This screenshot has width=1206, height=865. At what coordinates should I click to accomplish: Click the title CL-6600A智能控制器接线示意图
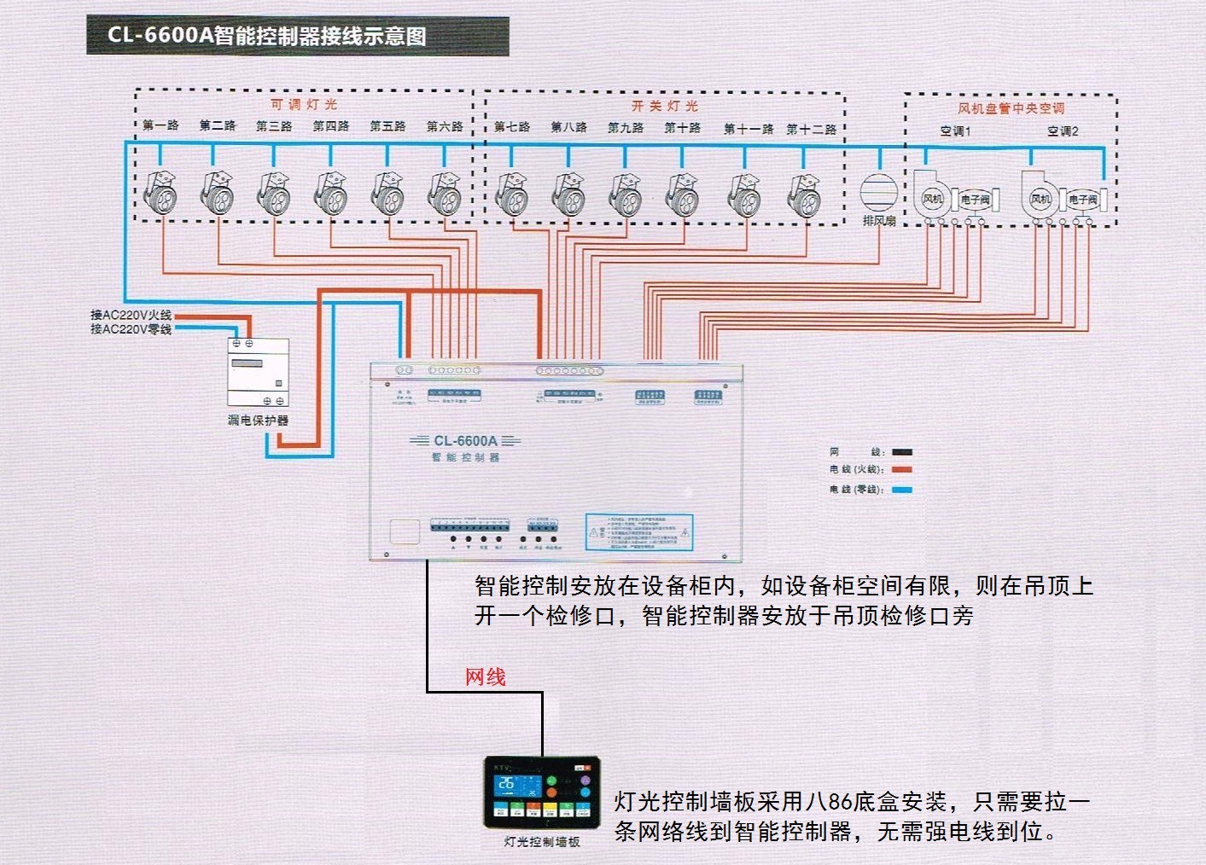pos(266,36)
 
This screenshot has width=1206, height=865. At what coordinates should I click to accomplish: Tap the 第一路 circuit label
pos(160,125)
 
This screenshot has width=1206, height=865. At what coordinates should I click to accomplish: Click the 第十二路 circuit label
pos(811,129)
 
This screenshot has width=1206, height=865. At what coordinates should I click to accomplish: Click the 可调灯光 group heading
pos(304,104)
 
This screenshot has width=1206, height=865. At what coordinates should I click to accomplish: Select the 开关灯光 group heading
pos(665,106)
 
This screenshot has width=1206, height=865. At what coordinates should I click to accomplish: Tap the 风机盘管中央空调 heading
pos(1011,108)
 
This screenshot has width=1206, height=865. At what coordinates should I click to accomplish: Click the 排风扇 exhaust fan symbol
pos(878,192)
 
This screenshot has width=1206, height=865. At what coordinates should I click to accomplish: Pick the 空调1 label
pos(955,131)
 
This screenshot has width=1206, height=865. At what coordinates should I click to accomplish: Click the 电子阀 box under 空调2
pos(1083,199)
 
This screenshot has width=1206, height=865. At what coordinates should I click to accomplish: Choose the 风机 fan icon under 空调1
pos(932,197)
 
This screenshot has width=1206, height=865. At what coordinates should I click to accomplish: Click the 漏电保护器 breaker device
pos(258,372)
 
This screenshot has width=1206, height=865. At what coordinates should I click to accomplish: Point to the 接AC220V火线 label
pos(131,315)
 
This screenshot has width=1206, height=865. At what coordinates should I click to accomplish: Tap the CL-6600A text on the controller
pos(465,441)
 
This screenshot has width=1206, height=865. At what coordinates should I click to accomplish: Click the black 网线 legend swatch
pos(901,452)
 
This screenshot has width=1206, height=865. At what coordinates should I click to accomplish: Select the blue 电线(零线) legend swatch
pos(901,490)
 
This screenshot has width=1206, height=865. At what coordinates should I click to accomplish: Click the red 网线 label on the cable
pos(485,677)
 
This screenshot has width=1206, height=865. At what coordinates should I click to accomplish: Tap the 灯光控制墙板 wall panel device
pos(541,792)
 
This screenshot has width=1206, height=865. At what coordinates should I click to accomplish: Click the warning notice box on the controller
pos(638,531)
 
